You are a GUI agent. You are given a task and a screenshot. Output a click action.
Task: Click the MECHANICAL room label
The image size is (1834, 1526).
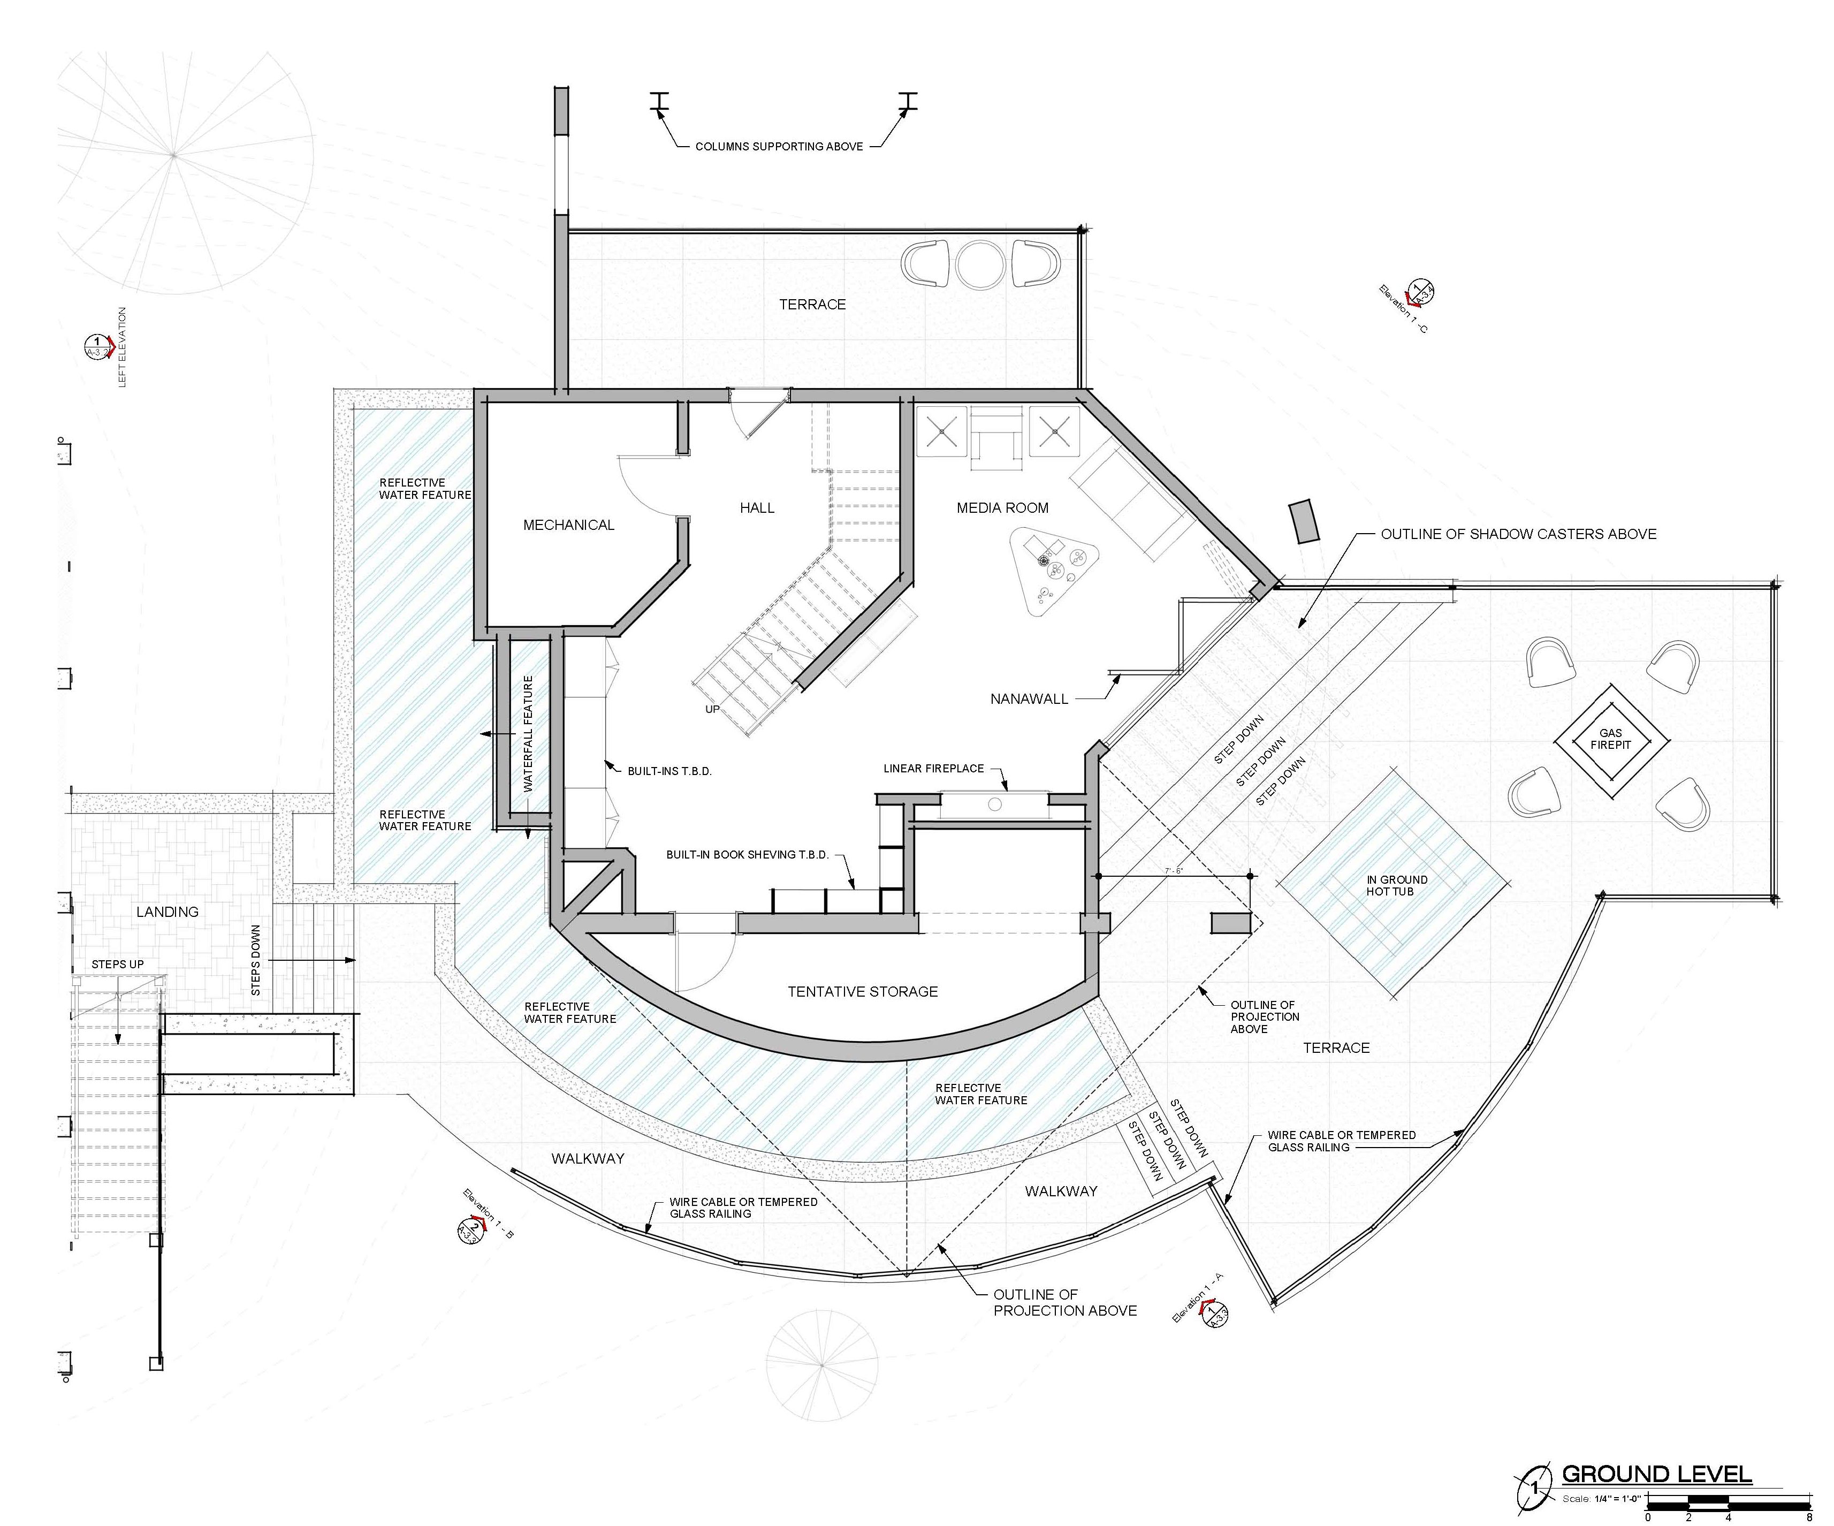coord(568,525)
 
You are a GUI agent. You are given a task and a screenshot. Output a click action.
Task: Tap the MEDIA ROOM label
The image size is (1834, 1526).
coord(1002,507)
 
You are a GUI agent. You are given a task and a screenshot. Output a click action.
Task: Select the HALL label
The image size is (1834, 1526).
coord(757,507)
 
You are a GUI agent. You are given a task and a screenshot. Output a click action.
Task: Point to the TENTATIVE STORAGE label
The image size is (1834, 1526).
coord(863,991)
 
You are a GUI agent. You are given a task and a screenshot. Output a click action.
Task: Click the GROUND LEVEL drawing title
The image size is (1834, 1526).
coord(1657,1475)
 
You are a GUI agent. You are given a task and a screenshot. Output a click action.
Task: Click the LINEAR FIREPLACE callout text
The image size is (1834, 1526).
coord(934,769)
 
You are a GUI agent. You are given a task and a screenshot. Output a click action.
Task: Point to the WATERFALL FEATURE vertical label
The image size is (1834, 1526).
coord(528,734)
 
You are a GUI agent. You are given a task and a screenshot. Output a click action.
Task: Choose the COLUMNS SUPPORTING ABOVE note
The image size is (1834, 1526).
coord(779,147)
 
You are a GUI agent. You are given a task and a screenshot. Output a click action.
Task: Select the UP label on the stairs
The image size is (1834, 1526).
coord(713,709)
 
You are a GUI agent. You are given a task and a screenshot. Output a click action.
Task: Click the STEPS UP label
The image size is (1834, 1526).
coord(118,965)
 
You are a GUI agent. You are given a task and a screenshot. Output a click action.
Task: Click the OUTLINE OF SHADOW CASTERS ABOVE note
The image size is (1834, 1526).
coord(1519,534)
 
